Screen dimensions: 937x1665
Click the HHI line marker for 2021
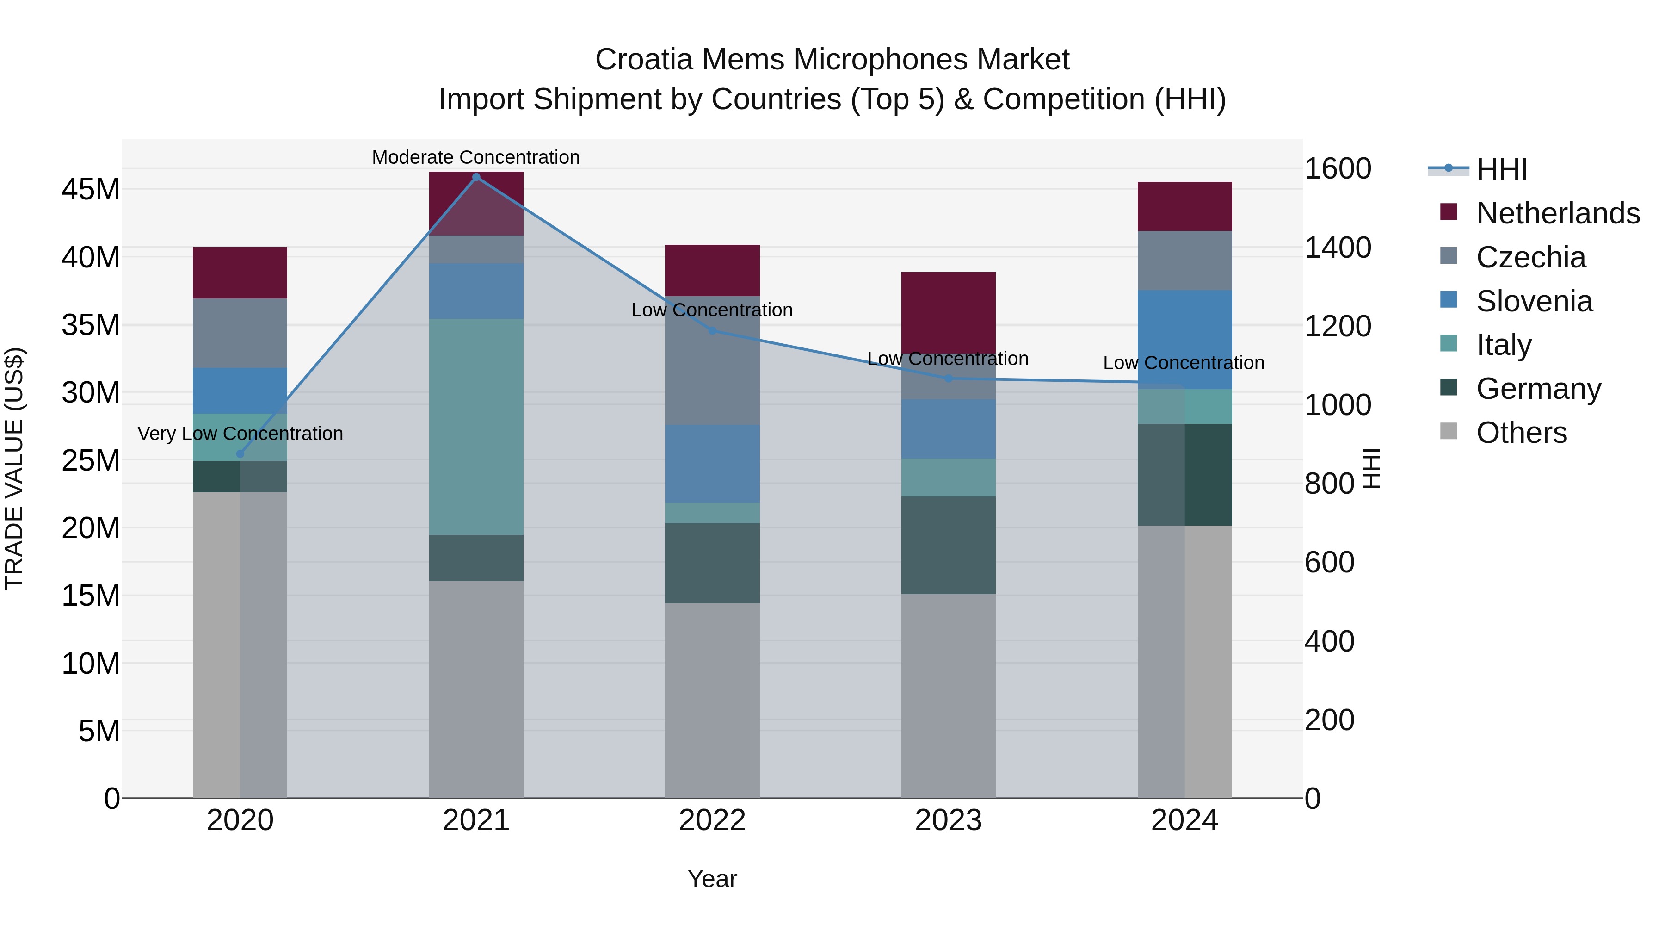(476, 177)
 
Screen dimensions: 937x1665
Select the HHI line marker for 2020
(240, 454)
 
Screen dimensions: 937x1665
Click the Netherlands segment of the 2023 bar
(948, 312)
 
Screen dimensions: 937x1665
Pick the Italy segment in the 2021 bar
(476, 427)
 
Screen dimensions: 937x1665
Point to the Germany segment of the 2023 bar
(948, 545)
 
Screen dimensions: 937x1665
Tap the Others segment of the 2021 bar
(476, 689)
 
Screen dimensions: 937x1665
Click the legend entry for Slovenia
(1535, 301)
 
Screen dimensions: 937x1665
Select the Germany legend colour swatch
(1449, 388)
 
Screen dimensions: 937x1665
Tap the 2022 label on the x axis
(712, 820)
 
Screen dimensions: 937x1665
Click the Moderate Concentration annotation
(476, 157)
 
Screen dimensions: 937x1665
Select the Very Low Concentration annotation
(240, 433)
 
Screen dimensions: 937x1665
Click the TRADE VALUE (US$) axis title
(14, 468)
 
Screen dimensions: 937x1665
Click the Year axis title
(712, 879)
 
